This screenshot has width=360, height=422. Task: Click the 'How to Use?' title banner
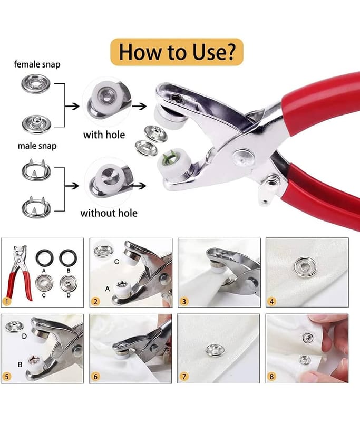click(x=177, y=52)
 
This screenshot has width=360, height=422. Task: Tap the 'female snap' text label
click(x=37, y=64)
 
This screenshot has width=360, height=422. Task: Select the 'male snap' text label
click(x=37, y=146)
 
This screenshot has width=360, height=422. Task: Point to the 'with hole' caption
click(x=104, y=135)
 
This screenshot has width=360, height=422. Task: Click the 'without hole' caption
click(x=109, y=213)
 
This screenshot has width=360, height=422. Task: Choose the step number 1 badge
click(x=7, y=301)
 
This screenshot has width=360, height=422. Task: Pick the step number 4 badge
click(x=271, y=301)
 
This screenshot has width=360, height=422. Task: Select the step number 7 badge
click(x=184, y=376)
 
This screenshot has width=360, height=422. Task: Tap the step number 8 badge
click(x=271, y=376)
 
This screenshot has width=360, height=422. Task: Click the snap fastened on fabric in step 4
click(x=305, y=267)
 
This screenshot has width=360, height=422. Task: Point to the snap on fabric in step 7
click(x=216, y=350)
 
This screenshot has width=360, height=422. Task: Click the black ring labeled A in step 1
click(x=44, y=258)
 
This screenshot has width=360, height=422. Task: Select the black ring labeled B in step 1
click(x=68, y=258)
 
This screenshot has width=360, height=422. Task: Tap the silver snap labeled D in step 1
click(x=69, y=284)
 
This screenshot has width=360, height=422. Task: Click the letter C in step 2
click(x=116, y=262)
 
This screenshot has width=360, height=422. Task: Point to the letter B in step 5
click(x=20, y=365)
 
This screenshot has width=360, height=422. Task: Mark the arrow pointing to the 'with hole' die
click(x=72, y=107)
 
